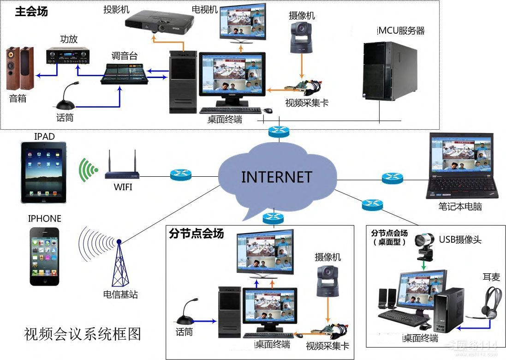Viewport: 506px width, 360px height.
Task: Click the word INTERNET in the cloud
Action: click(276, 177)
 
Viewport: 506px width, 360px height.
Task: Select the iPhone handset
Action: click(45, 256)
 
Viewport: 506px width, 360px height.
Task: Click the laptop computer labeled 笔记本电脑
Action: click(462, 166)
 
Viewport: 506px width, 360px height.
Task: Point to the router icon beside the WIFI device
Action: click(180, 174)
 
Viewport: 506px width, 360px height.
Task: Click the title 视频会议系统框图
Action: click(83, 334)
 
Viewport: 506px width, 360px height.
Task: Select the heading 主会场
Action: click(31, 12)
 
